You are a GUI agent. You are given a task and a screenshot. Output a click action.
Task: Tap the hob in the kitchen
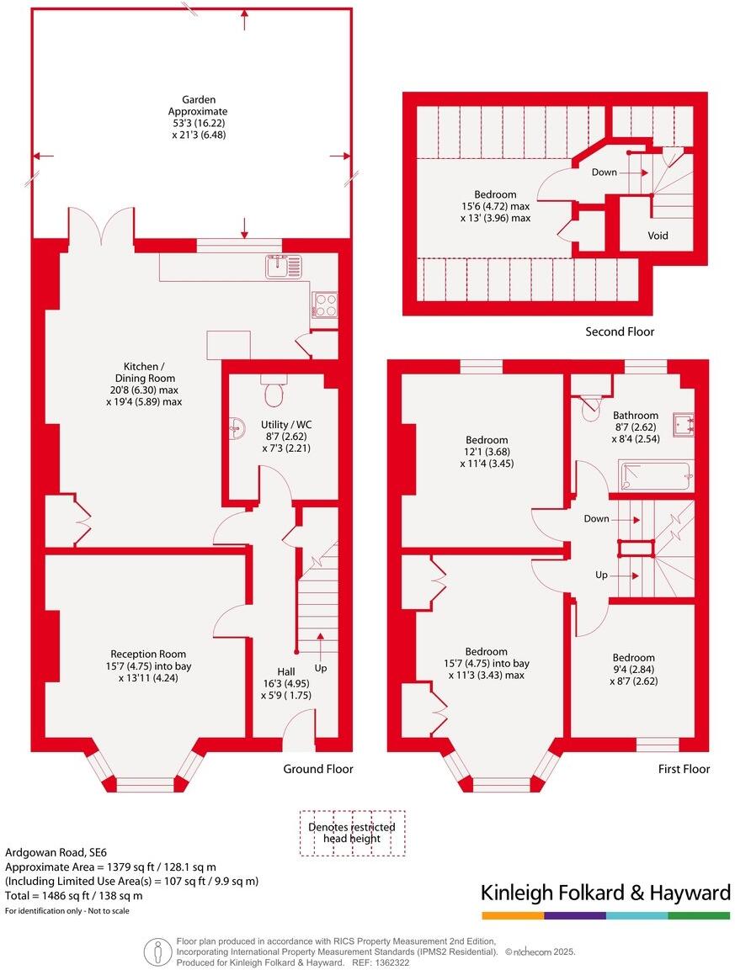[x=324, y=304]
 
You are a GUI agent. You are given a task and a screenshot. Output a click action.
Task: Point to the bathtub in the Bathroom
[x=656, y=476]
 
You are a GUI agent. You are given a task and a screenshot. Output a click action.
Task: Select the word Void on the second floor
[x=658, y=236]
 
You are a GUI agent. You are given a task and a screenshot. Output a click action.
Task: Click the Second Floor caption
[x=620, y=331]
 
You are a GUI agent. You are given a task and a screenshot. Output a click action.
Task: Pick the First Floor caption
[x=684, y=769]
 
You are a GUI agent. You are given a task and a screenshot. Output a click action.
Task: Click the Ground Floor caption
[x=317, y=769]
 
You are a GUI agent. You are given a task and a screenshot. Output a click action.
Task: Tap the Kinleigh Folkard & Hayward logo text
[x=605, y=893]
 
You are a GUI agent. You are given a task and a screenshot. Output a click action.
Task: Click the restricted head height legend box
[x=352, y=833]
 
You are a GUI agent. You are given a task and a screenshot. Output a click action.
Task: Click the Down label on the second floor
[x=604, y=172]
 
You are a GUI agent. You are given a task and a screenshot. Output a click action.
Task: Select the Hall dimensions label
[x=286, y=683]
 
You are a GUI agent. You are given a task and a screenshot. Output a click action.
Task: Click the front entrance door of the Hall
[x=298, y=730]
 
